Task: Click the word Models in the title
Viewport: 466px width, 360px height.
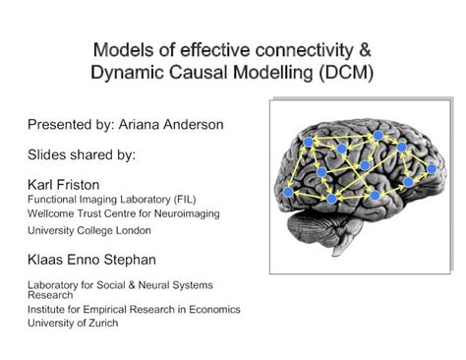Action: pyautogui.click(x=120, y=50)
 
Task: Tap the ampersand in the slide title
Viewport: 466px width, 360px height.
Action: pyautogui.click(x=366, y=50)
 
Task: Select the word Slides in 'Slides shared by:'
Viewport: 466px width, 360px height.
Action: pyautogui.click(x=47, y=154)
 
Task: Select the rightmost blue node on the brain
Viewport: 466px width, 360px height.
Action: pyautogui.click(x=430, y=169)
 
